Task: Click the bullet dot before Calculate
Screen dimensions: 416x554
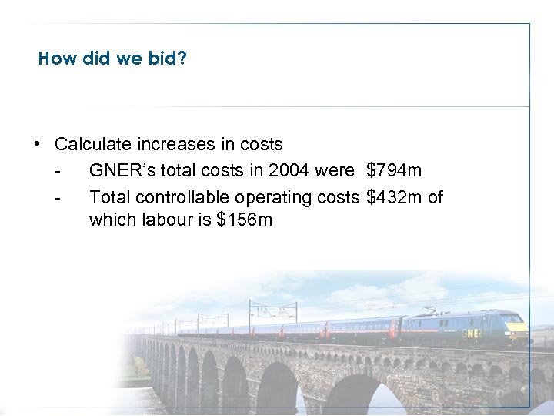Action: point(37,144)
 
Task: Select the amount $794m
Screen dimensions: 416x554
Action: point(394,170)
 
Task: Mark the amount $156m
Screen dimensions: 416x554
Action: point(245,220)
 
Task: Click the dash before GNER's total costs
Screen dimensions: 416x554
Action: point(58,170)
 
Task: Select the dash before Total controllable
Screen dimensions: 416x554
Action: point(58,197)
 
